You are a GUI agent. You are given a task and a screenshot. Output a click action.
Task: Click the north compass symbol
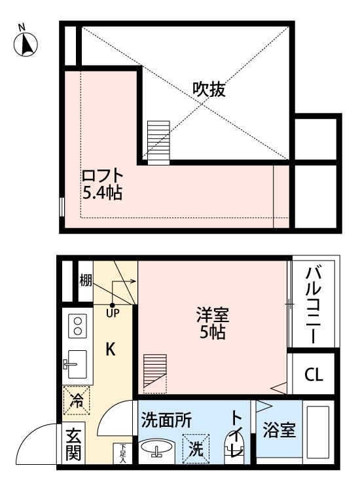26,43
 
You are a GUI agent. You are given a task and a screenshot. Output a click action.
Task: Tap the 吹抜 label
209,90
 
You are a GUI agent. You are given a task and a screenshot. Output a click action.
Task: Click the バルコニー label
314,304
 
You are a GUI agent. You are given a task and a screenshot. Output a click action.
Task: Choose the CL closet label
314,375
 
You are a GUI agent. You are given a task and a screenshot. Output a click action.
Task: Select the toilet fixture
234,447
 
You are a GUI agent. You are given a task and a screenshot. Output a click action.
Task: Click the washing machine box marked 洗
196,448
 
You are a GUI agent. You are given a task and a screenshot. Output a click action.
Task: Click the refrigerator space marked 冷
77,399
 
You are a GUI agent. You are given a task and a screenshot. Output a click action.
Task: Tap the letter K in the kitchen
111,350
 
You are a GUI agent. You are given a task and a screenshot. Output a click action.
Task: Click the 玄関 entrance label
73,445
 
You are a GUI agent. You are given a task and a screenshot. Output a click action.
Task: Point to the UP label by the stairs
113,312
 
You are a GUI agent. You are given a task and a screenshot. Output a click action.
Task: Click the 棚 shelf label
86,280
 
